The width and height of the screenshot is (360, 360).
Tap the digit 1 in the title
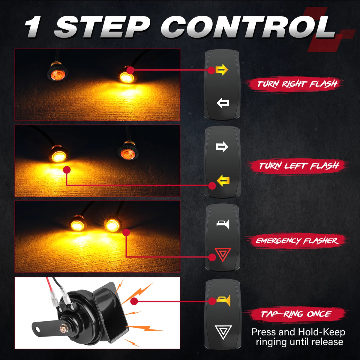click(33, 27)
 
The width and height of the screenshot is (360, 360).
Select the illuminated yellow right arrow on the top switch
click(222, 70)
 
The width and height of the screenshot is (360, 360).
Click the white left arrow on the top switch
click(223, 103)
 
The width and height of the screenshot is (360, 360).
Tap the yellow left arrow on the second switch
click(223, 181)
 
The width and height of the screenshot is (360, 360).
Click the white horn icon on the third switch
click(223, 224)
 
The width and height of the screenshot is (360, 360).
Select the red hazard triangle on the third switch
click(223, 254)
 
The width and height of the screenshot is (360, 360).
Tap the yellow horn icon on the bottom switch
click(223, 301)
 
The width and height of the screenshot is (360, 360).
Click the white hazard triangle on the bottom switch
click(223, 332)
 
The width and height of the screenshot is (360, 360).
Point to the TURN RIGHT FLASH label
click(297, 84)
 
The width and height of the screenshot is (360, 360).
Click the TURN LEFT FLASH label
click(298, 166)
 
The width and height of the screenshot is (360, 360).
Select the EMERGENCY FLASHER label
click(297, 241)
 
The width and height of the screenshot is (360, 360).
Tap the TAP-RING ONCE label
click(296, 314)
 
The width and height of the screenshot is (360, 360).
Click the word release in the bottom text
click(327, 342)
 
